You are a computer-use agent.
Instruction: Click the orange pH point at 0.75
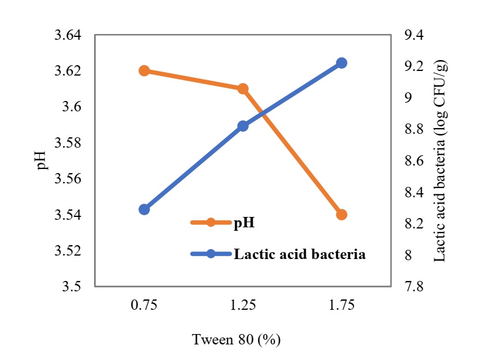tap(144, 71)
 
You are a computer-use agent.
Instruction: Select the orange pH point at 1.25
tap(243, 89)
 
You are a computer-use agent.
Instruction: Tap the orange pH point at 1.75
tap(342, 215)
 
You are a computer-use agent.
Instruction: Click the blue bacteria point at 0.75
tap(144, 209)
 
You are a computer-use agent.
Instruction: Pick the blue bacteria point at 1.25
tap(243, 126)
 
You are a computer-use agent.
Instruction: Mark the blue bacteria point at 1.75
tap(342, 63)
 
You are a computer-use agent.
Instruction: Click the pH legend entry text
tap(243, 223)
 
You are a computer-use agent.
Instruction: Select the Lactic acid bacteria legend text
tap(299, 254)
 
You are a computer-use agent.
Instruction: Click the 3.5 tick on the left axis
tap(73, 287)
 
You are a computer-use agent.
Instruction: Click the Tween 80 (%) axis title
tap(237, 340)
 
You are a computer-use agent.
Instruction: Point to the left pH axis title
tap(41, 161)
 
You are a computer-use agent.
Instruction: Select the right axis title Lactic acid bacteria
tap(442, 161)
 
